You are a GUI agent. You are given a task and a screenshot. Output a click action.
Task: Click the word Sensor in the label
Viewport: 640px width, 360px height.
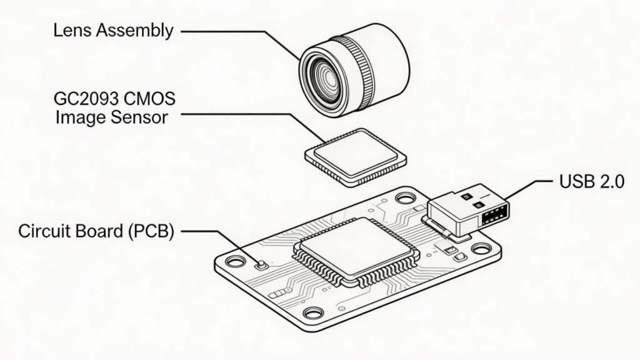coord(138,117)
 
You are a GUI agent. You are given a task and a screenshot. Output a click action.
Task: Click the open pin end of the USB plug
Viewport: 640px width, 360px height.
coord(495,216)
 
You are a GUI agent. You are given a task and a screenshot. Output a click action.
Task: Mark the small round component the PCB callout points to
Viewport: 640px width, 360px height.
coord(262,264)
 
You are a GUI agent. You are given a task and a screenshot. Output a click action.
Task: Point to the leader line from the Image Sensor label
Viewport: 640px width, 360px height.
coord(250,115)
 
